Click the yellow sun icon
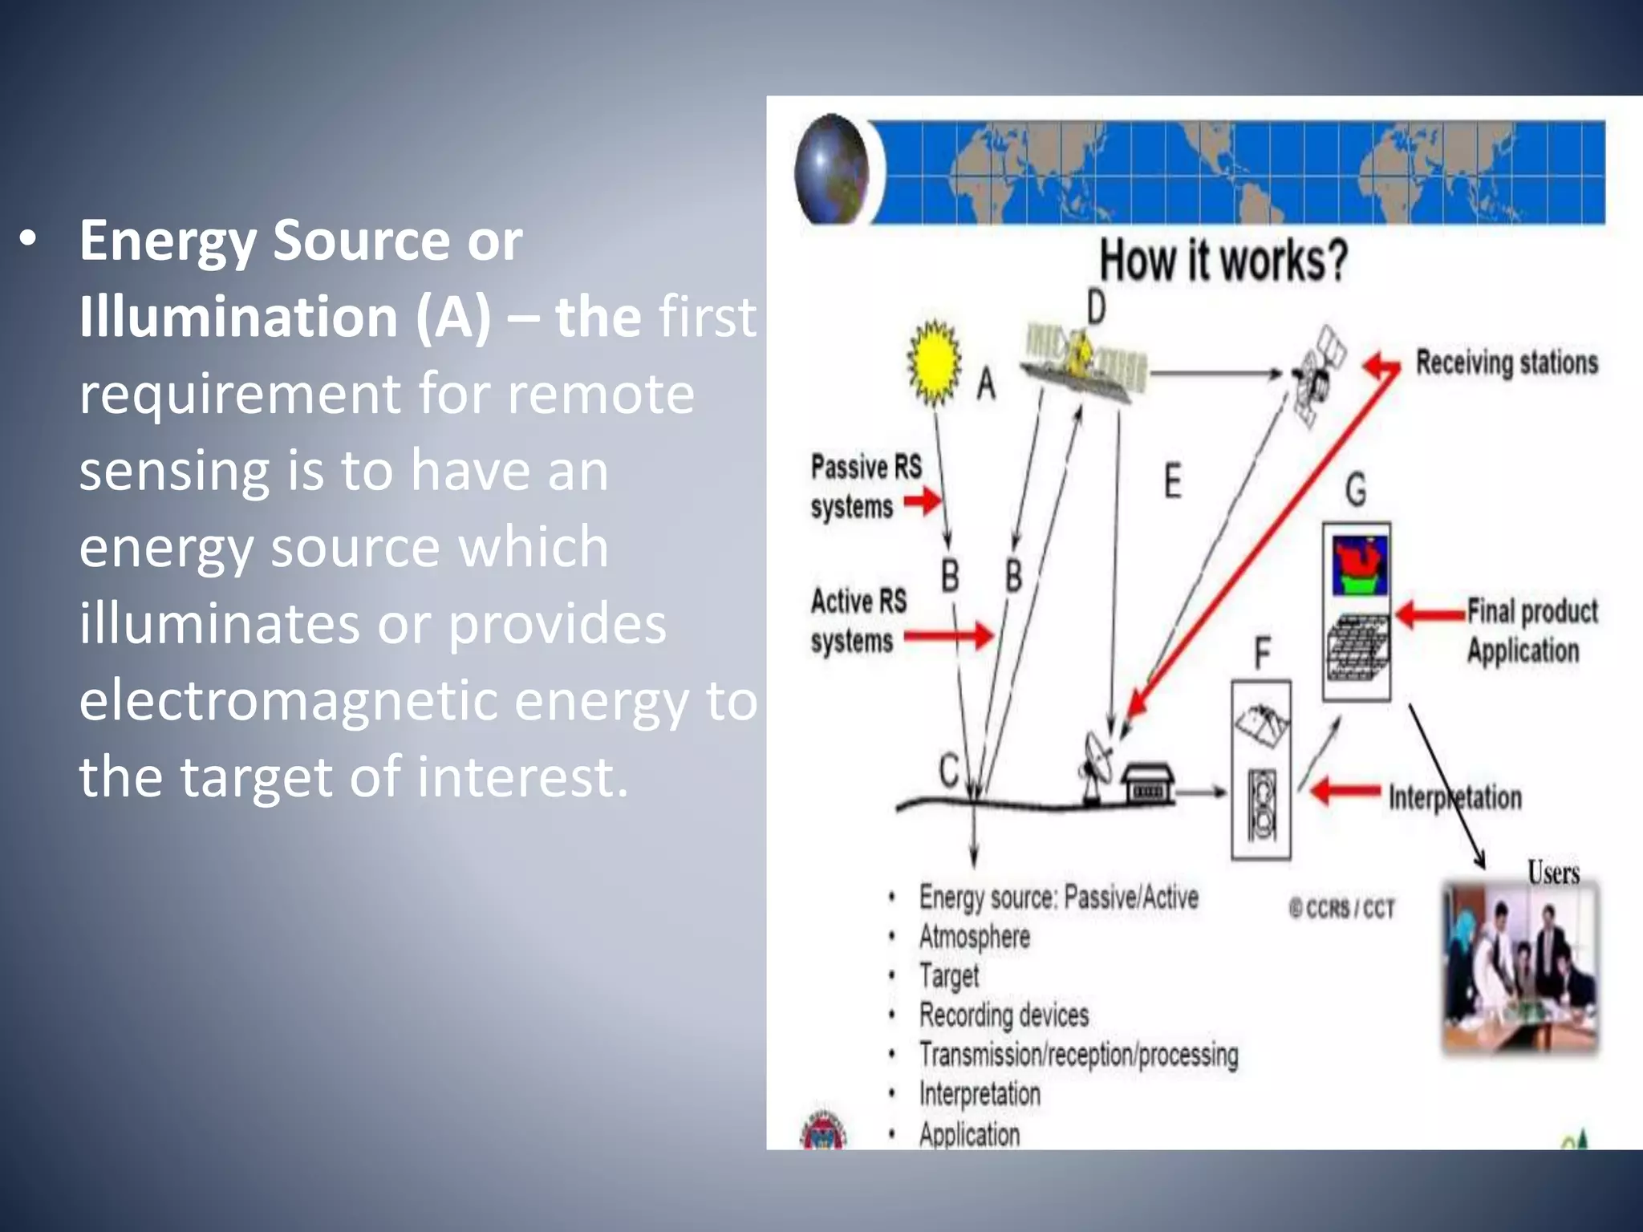tap(934, 363)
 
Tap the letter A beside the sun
tap(986, 383)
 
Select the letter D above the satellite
tap(1096, 306)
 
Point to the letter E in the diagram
tap(1172, 481)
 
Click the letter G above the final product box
tap(1356, 488)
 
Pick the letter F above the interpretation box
tap(1262, 652)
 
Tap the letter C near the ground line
tap(949, 771)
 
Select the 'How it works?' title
tap(1223, 261)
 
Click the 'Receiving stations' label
tap(1507, 363)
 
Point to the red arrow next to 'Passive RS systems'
tap(923, 502)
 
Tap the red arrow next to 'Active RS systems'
tap(949, 638)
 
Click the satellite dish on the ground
tap(1097, 766)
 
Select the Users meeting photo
tap(1519, 967)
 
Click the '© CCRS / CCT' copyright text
tap(1342, 909)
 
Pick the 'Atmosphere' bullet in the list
tap(974, 936)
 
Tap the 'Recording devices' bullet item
tap(1004, 1015)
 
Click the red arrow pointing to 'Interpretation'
tap(1346, 792)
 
